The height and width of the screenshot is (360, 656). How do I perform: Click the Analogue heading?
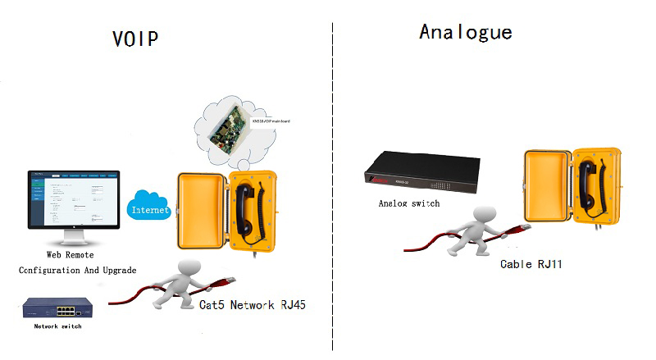click(x=465, y=32)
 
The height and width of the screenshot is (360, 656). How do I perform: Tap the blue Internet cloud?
click(x=149, y=208)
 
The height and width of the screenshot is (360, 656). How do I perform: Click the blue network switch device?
click(x=57, y=309)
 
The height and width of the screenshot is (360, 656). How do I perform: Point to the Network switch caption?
click(x=58, y=326)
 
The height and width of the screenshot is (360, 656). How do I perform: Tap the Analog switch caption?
click(x=408, y=203)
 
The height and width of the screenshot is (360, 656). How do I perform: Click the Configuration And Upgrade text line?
click(x=78, y=269)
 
